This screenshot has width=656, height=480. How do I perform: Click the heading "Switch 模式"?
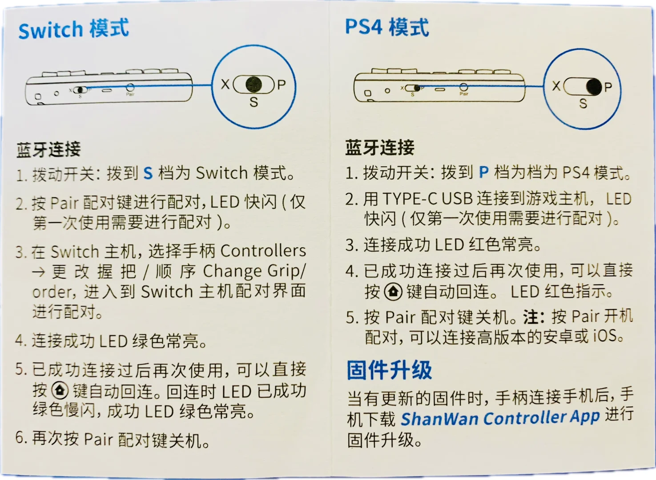(73, 29)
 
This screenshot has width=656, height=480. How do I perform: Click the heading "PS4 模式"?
(387, 27)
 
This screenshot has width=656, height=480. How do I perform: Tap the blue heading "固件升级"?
(389, 370)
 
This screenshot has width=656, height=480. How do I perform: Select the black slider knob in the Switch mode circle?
(254, 84)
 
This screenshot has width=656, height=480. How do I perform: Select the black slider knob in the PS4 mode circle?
(594, 87)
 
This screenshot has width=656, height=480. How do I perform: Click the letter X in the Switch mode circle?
(225, 84)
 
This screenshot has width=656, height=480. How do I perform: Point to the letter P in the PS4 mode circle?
(608, 87)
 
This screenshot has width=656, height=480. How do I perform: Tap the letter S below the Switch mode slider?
(254, 102)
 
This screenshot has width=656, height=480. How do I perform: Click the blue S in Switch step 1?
(148, 173)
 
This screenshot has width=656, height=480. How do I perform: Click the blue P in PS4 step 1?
(484, 172)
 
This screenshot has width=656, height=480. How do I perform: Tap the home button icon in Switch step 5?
(60, 390)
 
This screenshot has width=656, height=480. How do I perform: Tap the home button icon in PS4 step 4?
(393, 291)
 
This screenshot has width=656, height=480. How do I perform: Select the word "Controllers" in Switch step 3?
(263, 251)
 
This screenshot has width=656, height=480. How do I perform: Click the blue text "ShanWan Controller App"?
(500, 418)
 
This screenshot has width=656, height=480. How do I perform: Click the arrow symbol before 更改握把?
(39, 272)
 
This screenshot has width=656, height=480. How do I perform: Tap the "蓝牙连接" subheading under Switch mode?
(48, 150)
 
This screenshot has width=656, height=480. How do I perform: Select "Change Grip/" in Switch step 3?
(254, 271)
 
